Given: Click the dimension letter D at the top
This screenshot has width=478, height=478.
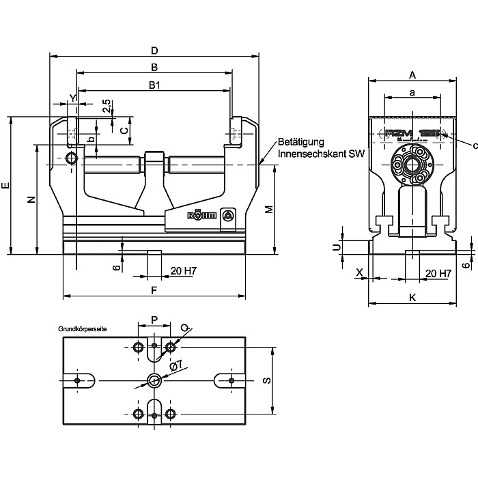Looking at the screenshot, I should tap(154, 51).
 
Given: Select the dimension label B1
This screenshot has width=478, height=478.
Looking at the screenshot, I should tap(154, 85).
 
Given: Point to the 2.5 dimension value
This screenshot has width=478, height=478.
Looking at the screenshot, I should tap(107, 106).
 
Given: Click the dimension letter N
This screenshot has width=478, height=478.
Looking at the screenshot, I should tap(29, 199).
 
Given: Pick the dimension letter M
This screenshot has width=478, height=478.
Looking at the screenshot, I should tap(269, 208).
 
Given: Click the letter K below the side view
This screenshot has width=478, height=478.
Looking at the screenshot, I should tap(412, 297).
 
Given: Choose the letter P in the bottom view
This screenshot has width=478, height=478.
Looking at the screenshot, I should tap(154, 319).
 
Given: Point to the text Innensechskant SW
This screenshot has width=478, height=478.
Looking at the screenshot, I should tap(322, 154).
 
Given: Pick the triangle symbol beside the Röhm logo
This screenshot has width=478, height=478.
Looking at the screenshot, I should tap(228, 216).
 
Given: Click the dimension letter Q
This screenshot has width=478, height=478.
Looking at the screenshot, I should tap(184, 327).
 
